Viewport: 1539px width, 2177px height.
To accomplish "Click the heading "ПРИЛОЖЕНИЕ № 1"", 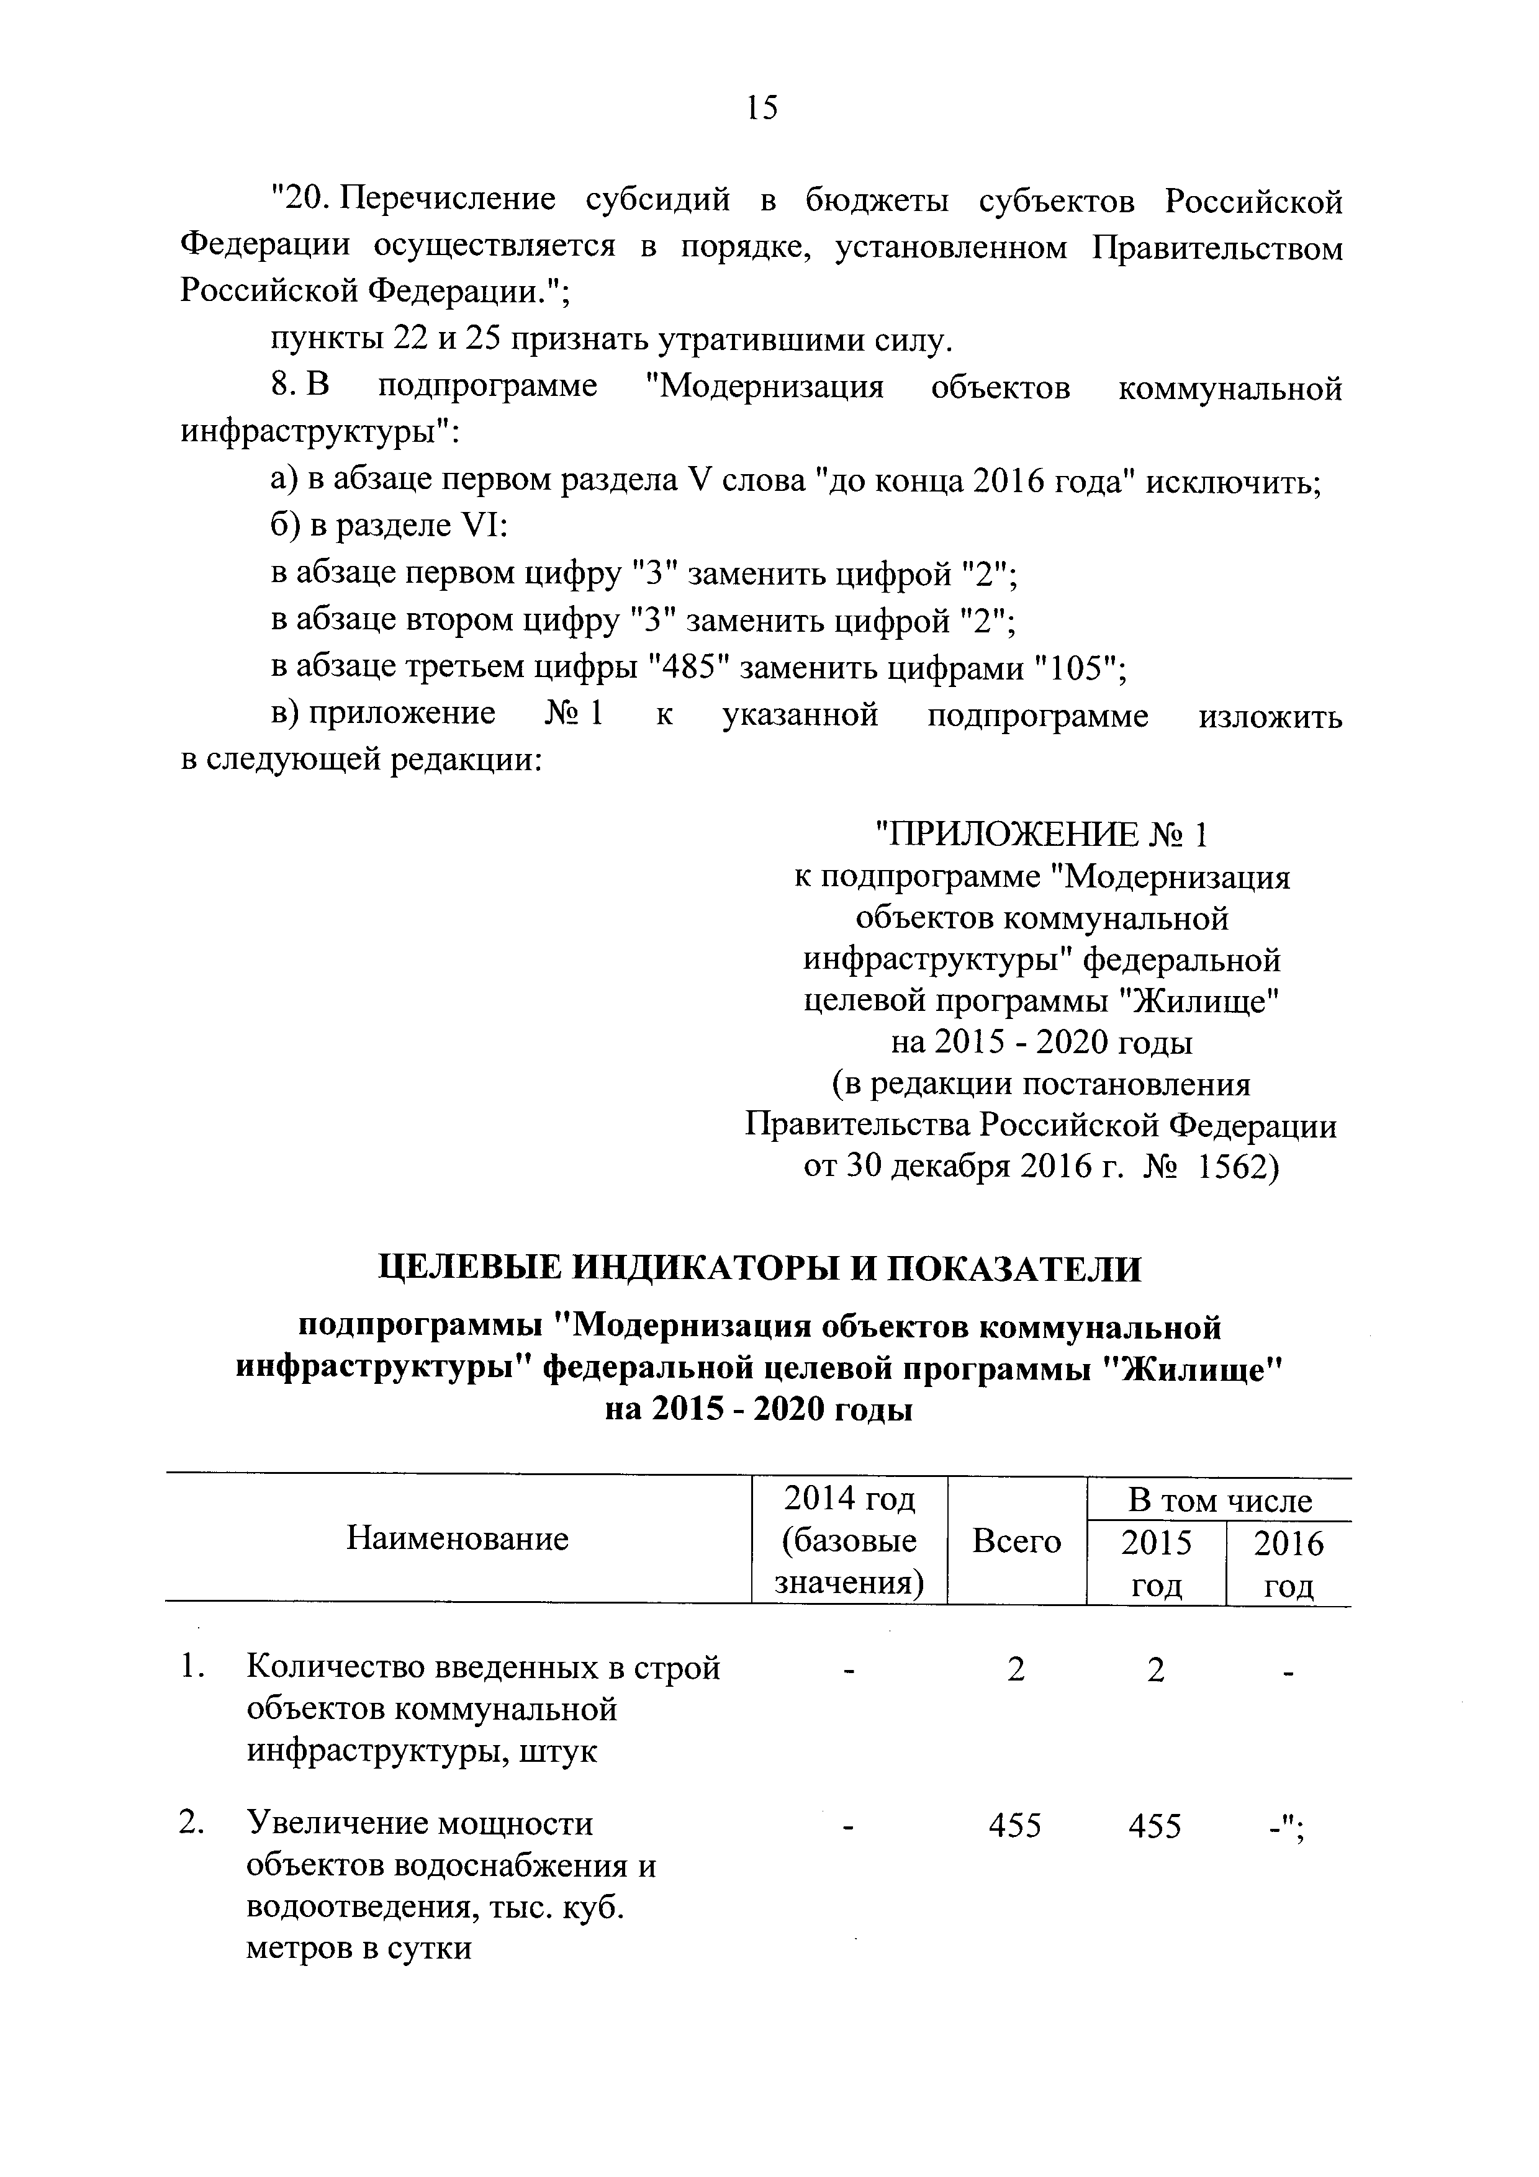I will click(1040, 835).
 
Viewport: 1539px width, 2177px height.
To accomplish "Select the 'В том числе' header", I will click(1219, 1501).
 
